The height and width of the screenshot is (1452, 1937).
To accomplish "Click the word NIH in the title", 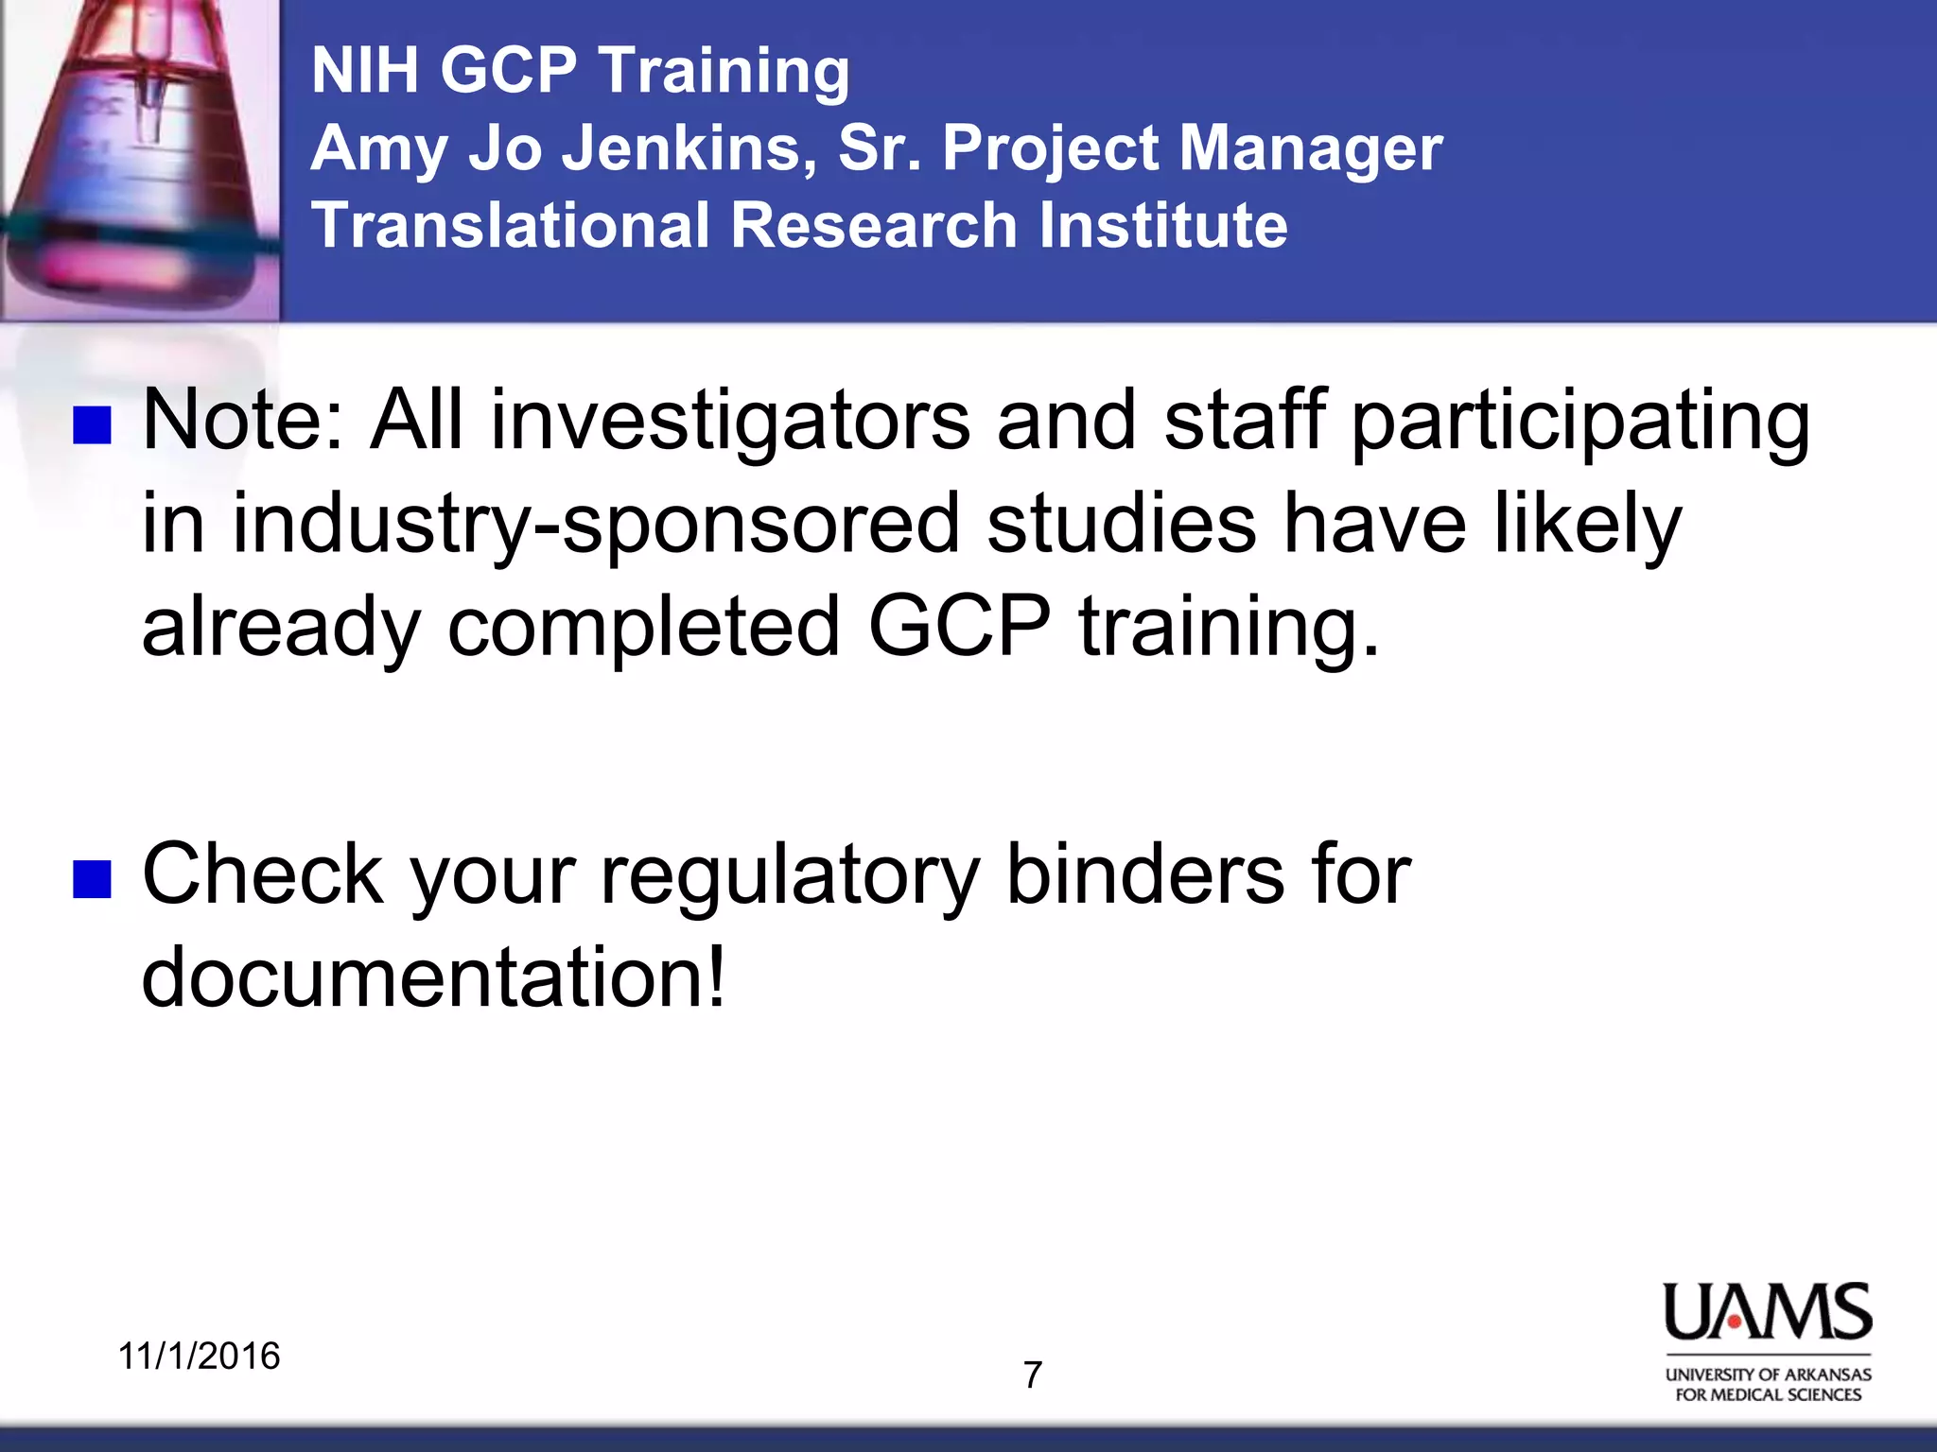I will tap(364, 71).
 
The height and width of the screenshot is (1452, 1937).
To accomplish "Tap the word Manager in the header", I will tap(1310, 148).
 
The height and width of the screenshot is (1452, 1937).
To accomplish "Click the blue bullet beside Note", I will tap(93, 425).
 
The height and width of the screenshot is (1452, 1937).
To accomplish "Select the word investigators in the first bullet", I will tap(729, 421).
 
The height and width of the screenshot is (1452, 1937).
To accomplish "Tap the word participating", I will tap(1579, 421).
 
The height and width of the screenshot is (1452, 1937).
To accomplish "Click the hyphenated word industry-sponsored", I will tap(596, 525).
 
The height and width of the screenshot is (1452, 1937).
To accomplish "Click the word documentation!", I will tap(433, 977).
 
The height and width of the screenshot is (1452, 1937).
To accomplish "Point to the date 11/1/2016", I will tap(199, 1356).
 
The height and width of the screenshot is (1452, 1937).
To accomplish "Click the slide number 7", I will tap(1033, 1375).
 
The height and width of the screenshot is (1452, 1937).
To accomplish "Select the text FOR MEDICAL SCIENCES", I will tap(1767, 1395).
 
